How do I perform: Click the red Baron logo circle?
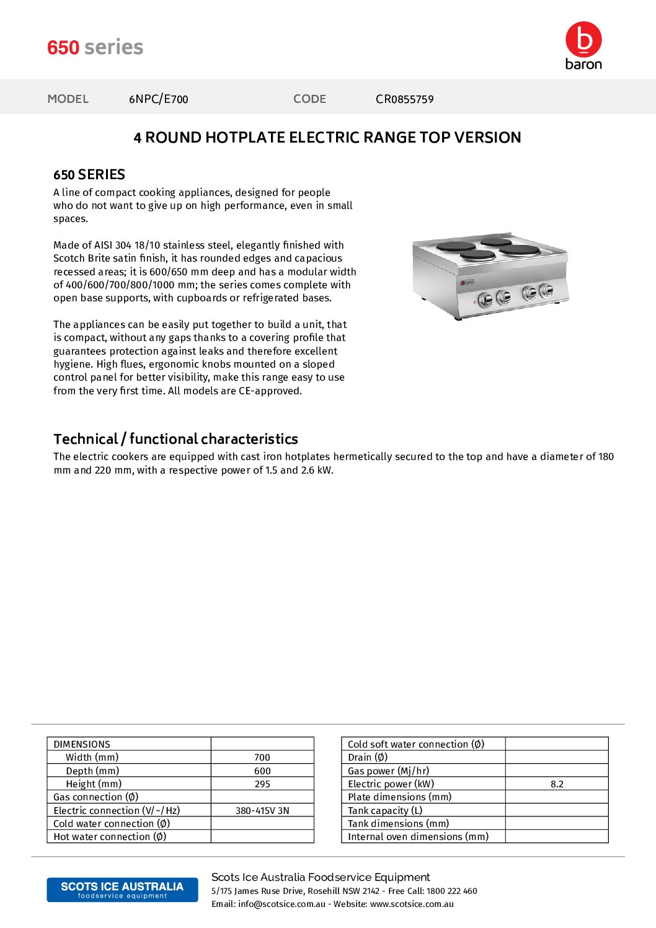[x=583, y=39]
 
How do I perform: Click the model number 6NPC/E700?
[x=158, y=99]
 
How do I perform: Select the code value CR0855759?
[x=404, y=99]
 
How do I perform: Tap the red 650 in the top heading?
[x=63, y=48]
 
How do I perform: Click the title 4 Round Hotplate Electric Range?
[x=327, y=138]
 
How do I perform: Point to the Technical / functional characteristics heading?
[x=175, y=439]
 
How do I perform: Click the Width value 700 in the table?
[x=262, y=758]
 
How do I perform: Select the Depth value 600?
[x=262, y=771]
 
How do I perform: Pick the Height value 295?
[x=262, y=784]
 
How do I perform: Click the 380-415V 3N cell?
[x=262, y=811]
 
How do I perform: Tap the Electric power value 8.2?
[x=557, y=784]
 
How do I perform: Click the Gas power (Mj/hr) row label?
[x=388, y=771]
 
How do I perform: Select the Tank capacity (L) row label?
[x=385, y=811]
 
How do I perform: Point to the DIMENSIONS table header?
[x=82, y=745]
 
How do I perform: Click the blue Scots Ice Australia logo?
[x=122, y=890]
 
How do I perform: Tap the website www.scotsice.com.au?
[x=412, y=904]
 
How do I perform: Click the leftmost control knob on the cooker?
[x=485, y=299]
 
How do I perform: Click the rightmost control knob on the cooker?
[x=546, y=289]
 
